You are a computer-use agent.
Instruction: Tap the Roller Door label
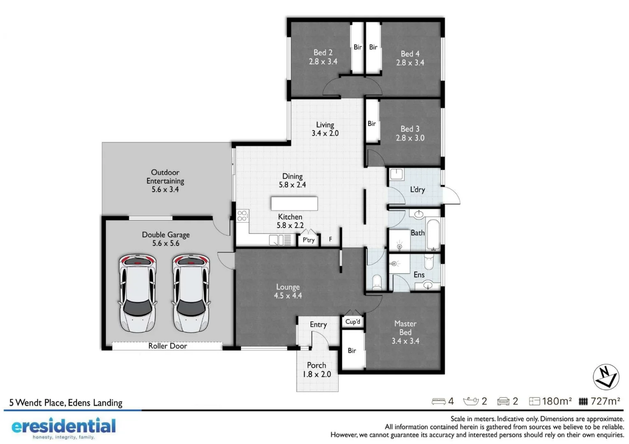tap(167, 346)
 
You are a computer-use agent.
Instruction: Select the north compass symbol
tap(606, 377)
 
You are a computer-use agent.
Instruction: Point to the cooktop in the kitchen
tap(242, 215)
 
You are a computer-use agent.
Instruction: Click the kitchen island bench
tap(294, 203)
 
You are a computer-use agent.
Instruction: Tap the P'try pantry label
tap(309, 240)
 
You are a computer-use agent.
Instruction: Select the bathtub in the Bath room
tap(434, 234)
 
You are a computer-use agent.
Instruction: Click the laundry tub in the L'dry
tap(397, 174)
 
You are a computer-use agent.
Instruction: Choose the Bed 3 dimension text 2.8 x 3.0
tap(410, 138)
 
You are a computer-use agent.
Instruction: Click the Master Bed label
tap(405, 328)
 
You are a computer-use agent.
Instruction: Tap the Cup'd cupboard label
tap(353, 322)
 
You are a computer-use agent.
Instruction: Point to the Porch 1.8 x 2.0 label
tap(316, 370)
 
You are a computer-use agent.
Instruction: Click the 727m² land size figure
tap(605, 401)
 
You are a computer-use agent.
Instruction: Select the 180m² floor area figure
tap(557, 401)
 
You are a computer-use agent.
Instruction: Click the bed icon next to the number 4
tap(439, 401)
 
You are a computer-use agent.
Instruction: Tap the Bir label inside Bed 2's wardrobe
tap(357, 47)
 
